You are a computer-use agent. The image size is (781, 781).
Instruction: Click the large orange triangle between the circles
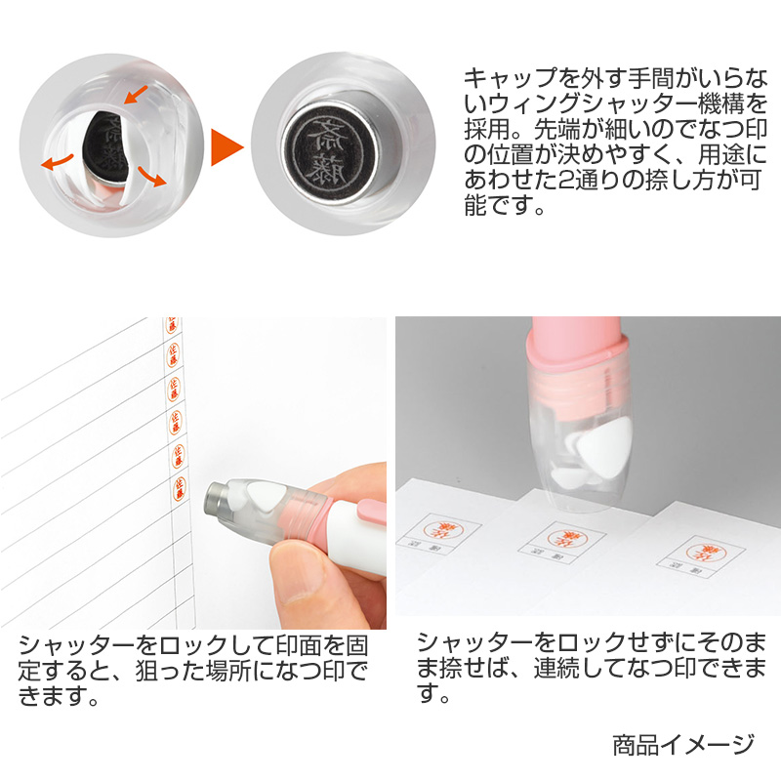pyautogui.click(x=226, y=145)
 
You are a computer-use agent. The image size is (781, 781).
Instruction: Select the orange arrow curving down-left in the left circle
pyautogui.click(x=58, y=159)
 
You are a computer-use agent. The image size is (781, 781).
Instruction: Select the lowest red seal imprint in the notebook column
pyautogui.click(x=179, y=485)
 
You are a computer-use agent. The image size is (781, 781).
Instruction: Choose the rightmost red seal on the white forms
pyautogui.click(x=701, y=550)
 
